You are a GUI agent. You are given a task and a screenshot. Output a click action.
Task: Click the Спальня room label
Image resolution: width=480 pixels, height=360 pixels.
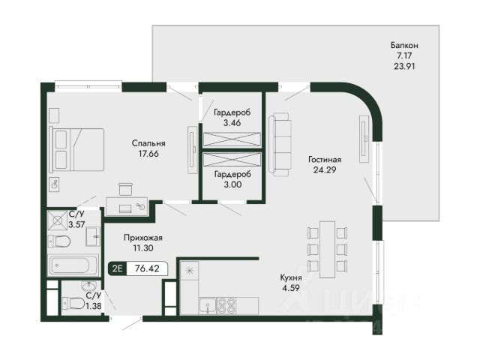pyautogui.click(x=148, y=143)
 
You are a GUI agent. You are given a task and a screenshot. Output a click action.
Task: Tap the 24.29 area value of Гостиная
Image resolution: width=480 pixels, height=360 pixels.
pyautogui.click(x=325, y=169)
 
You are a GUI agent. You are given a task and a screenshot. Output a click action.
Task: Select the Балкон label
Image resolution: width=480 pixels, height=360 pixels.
pyautogui.click(x=404, y=46)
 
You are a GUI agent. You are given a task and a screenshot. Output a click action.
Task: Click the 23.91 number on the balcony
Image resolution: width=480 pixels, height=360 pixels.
pyautogui.click(x=404, y=66)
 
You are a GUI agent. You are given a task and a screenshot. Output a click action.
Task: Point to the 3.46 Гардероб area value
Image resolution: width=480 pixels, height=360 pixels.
pyautogui.click(x=232, y=123)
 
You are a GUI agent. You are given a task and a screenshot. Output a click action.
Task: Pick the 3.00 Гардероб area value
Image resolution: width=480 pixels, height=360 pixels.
pyautogui.click(x=232, y=184)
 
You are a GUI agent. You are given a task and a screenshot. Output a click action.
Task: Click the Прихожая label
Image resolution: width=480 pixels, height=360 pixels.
pyautogui.click(x=143, y=238)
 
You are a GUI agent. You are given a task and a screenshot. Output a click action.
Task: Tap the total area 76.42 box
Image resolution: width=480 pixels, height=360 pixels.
pyautogui.click(x=147, y=268)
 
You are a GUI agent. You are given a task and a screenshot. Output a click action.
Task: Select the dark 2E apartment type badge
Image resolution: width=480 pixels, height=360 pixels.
pyautogui.click(x=118, y=268)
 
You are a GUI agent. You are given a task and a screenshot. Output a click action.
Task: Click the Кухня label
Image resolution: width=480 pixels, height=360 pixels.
pyautogui.click(x=291, y=277)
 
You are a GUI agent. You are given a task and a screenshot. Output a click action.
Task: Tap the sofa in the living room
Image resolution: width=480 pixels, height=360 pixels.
pyautogui.click(x=280, y=145)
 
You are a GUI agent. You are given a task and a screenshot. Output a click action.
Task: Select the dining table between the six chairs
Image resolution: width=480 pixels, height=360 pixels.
pyautogui.click(x=327, y=249)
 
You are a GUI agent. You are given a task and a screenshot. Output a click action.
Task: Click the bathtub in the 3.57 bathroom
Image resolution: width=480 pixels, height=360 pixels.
pyautogui.click(x=73, y=265)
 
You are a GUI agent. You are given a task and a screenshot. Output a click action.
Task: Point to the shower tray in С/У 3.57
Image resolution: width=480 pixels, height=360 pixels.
pyautogui.click(x=58, y=220)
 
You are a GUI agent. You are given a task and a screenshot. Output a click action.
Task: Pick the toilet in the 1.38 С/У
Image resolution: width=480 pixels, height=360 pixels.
pyautogui.click(x=73, y=303)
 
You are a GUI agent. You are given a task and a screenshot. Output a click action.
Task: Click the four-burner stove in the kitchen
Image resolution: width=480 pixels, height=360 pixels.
pyautogui.click(x=226, y=305)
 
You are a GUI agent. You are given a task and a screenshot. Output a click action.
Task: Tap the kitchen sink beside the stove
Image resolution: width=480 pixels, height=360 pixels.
pyautogui.click(x=207, y=306)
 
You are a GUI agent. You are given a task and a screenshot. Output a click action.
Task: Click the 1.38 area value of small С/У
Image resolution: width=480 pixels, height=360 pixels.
pyautogui.click(x=94, y=305)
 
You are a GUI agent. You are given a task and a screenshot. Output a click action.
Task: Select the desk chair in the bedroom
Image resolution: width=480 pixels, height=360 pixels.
pyautogui.click(x=125, y=189)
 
